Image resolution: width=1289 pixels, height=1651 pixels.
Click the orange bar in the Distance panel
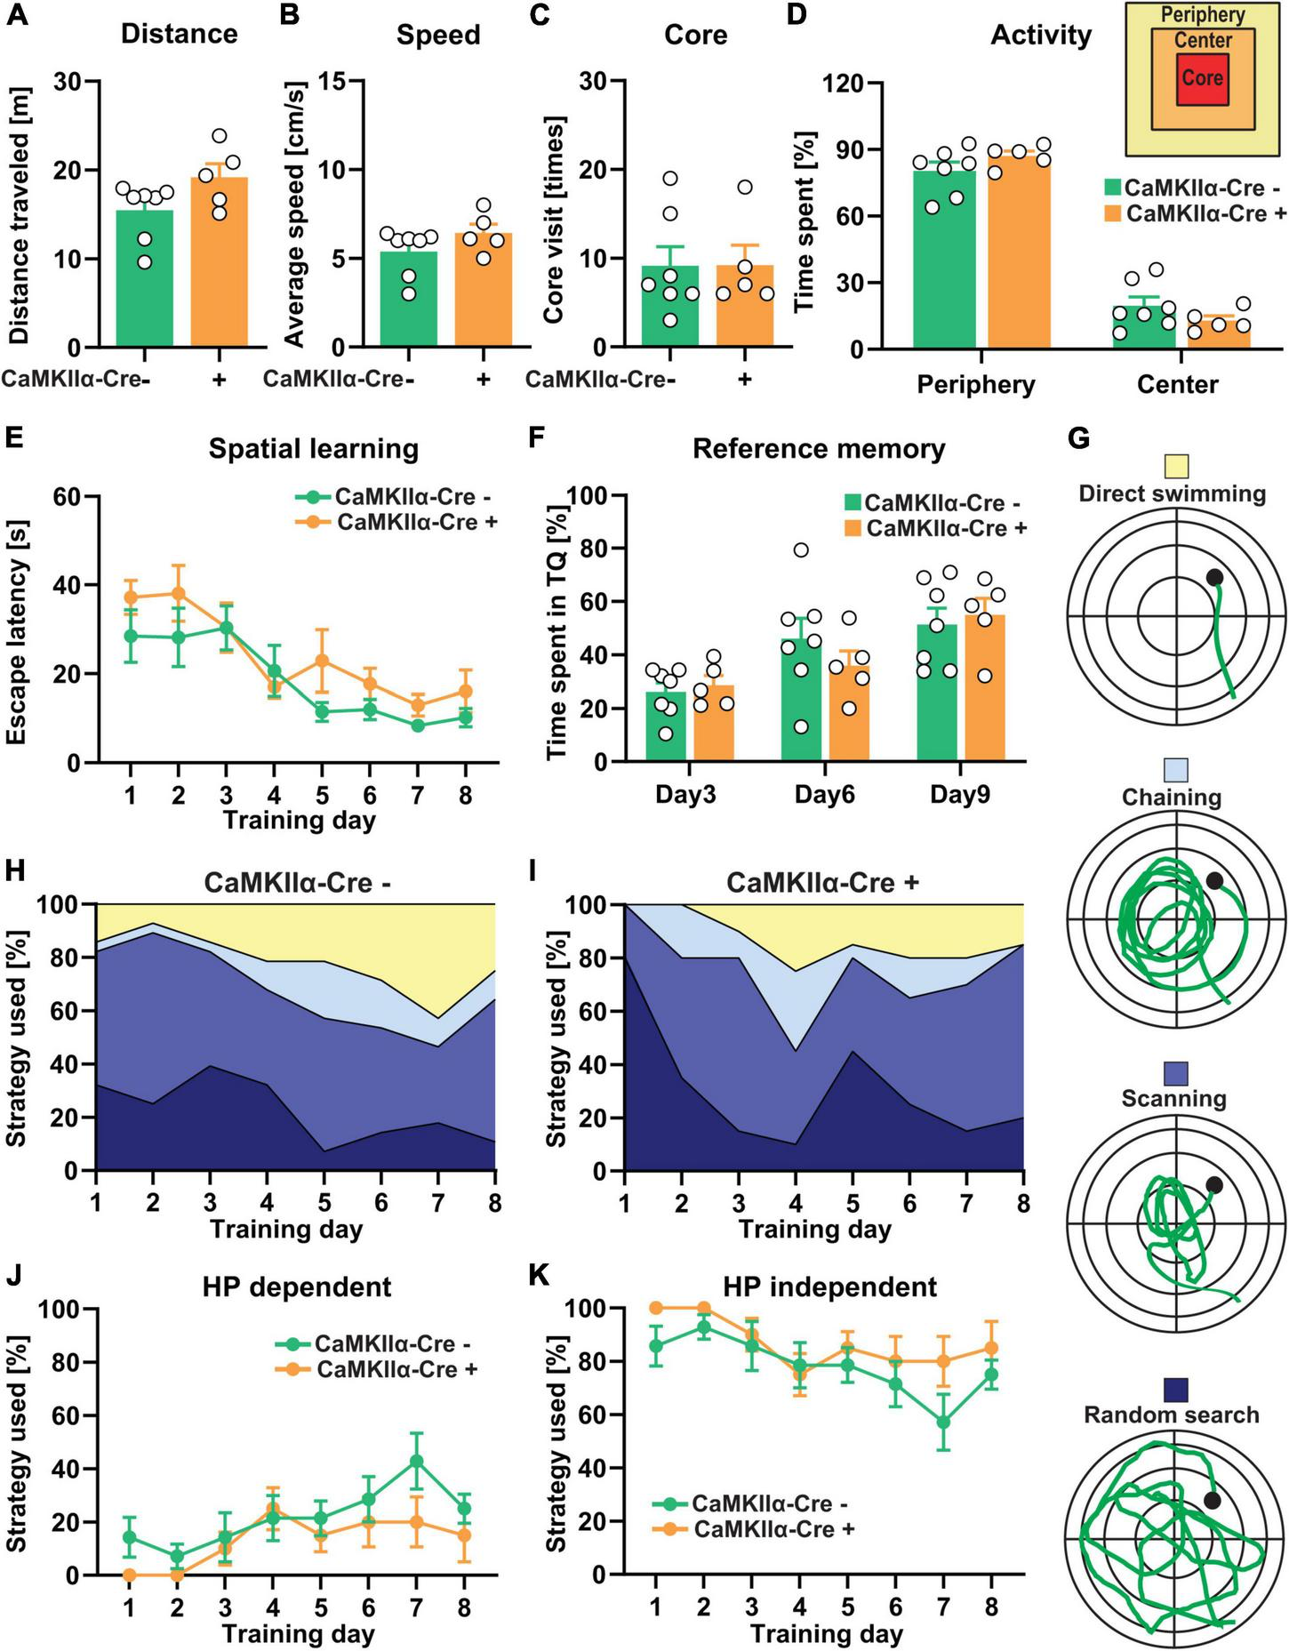coord(219,267)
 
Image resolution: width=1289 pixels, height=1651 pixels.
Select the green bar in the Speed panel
coord(408,302)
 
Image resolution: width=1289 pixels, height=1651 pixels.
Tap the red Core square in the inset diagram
coord(1202,79)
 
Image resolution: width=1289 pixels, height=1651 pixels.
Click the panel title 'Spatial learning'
coord(313,449)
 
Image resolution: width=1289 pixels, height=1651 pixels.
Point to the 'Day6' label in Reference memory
coord(824,794)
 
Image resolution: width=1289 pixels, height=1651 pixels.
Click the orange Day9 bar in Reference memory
coord(984,693)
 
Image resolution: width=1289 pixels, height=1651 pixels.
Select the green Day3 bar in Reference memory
coord(666,729)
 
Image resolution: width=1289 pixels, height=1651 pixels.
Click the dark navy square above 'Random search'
coord(1175,1390)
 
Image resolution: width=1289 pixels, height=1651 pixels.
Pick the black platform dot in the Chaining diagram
coord(1214,881)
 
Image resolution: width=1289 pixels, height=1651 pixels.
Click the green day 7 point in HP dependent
coord(416,1461)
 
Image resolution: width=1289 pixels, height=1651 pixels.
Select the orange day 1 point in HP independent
coord(656,1308)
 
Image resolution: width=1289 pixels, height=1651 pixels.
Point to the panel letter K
coord(538,1275)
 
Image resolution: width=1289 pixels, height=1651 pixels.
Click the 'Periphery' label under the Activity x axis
coord(976,385)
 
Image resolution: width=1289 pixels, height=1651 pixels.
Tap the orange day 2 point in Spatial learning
coord(178,593)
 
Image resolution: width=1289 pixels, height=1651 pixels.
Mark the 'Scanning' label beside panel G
coord(1173,1099)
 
